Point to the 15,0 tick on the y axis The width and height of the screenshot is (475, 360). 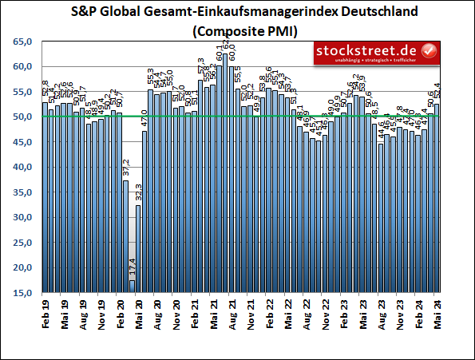point(22,293)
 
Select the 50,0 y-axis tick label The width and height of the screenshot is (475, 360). point(22,117)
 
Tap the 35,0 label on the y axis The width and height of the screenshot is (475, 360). point(22,192)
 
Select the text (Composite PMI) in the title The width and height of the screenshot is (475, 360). point(238,32)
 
